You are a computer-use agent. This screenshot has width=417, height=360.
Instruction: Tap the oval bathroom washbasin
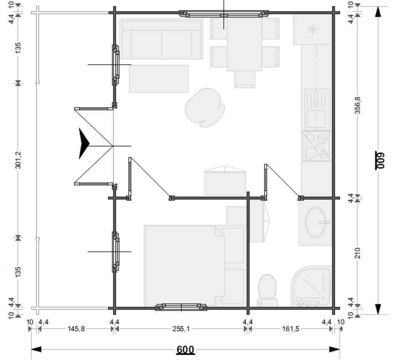pyautogui.click(x=316, y=222)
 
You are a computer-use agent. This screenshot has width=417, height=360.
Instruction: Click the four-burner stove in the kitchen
pyautogui.click(x=317, y=146)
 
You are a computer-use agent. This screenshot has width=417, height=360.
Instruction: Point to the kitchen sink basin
pyautogui.click(x=316, y=119)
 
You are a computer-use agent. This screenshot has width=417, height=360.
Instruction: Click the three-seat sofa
pyautogui.click(x=161, y=39)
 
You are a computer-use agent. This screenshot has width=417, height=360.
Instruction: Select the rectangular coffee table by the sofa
pyautogui.click(x=159, y=79)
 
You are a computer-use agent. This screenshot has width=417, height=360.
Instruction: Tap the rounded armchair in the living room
pyautogui.click(x=205, y=107)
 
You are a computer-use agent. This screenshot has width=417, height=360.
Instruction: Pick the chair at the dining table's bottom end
pyautogui.click(x=245, y=79)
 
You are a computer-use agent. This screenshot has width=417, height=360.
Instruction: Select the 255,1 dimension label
pyautogui.click(x=181, y=329)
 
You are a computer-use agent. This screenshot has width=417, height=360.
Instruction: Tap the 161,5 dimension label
pyautogui.click(x=290, y=329)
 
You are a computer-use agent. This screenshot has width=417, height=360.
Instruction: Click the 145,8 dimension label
pyautogui.click(x=76, y=329)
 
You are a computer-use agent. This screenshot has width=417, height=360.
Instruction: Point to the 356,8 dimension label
pyautogui.click(x=358, y=105)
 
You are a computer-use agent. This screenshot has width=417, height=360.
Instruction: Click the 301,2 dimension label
pyautogui.click(x=18, y=160)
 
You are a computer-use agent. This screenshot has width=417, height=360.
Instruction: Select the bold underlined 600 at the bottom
pyautogui.click(x=186, y=350)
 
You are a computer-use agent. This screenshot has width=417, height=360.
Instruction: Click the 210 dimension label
pyautogui.click(x=358, y=253)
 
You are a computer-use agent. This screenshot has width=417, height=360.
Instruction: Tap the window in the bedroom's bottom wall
pyautogui.click(x=181, y=307)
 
